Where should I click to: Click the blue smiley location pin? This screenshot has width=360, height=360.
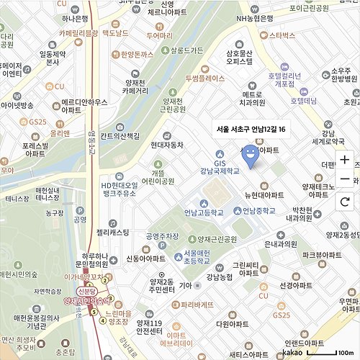249,154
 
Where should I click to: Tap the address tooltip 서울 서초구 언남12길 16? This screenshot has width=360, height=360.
251,129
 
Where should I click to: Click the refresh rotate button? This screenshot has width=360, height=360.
345,201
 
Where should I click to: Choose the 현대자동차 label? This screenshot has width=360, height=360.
167,145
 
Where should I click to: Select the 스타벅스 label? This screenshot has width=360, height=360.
282,35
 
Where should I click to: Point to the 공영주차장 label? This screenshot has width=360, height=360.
162,236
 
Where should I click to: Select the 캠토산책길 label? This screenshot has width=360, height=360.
120,135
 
